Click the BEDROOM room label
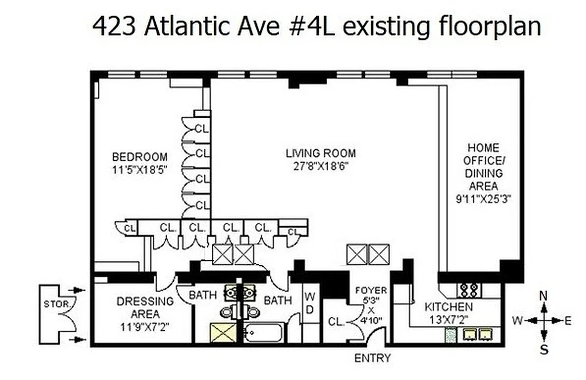coord(139,156)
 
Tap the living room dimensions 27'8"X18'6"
coord(321,167)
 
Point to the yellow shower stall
coord(223,332)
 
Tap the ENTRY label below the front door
coord(373,358)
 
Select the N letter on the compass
coord(544,295)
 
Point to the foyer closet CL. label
coord(336,322)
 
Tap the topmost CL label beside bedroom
coord(203,128)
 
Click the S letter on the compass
coord(544,350)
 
